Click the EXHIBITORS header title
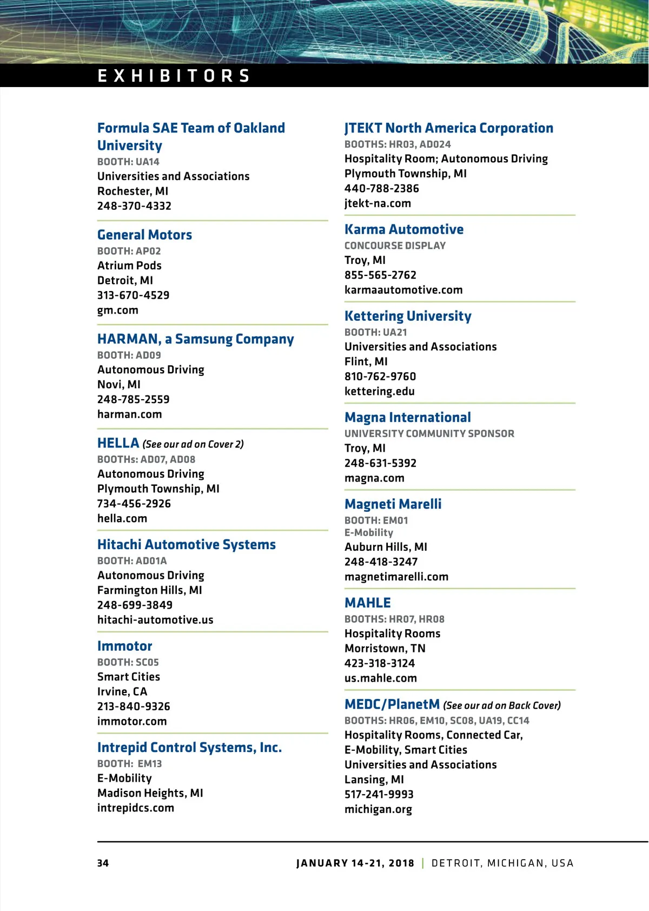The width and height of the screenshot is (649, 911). click(174, 76)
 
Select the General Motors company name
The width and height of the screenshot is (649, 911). click(144, 235)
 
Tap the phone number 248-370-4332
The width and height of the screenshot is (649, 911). click(134, 206)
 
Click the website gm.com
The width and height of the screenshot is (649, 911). click(118, 311)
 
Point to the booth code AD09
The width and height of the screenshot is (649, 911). click(149, 355)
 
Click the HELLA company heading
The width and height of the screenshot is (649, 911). click(118, 444)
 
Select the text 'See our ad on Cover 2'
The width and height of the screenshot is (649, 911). click(193, 445)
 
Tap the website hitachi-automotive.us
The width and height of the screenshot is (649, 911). click(155, 620)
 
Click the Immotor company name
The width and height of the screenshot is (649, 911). click(124, 646)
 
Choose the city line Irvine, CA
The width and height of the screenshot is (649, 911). click(122, 692)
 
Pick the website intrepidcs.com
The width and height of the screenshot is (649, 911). click(136, 808)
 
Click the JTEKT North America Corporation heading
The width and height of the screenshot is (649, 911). click(449, 128)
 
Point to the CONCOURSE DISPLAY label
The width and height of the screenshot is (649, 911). click(395, 246)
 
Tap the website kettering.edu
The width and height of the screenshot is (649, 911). click(380, 392)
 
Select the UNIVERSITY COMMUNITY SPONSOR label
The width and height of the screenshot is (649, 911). click(429, 434)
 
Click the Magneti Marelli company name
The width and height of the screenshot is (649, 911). click(393, 504)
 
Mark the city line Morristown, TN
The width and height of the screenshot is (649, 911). click(385, 649)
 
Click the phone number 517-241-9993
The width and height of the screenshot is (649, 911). click(379, 795)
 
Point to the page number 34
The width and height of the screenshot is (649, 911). click(103, 863)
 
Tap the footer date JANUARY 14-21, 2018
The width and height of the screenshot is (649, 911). click(355, 863)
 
